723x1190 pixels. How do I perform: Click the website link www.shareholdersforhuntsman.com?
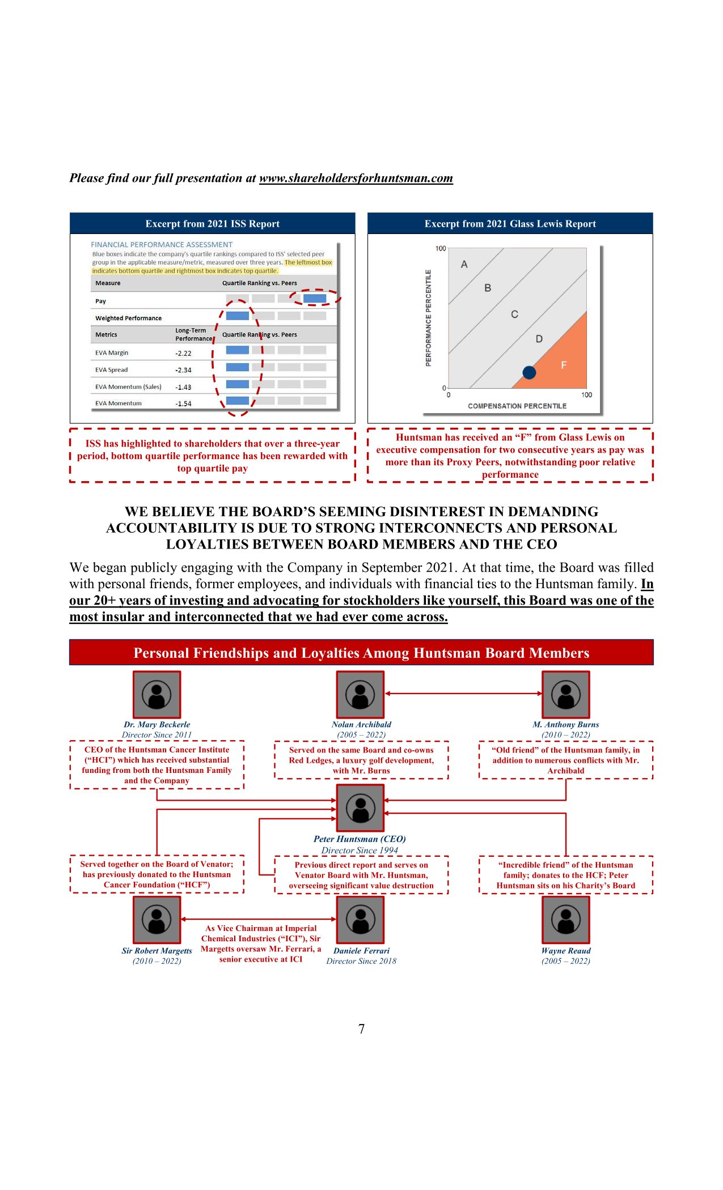356,178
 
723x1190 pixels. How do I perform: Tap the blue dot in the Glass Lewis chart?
529,372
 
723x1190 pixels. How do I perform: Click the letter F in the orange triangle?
564,365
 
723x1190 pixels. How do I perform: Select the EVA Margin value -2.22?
183,354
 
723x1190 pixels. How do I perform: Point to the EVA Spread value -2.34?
183,371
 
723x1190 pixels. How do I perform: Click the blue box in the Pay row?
315,299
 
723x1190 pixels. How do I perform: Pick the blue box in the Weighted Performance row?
238,316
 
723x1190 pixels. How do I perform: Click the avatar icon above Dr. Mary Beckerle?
157,695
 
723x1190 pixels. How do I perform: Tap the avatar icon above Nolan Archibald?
361,695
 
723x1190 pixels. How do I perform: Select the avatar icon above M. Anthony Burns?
566,695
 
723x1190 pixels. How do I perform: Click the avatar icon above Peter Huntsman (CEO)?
361,807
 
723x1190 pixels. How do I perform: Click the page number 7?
362,1029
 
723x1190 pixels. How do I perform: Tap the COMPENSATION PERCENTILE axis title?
517,406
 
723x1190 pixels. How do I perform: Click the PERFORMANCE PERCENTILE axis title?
429,318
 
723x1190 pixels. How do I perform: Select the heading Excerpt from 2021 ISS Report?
213,224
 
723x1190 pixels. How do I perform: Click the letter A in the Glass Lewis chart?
464,265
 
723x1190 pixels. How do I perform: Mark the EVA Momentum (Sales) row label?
128,387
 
